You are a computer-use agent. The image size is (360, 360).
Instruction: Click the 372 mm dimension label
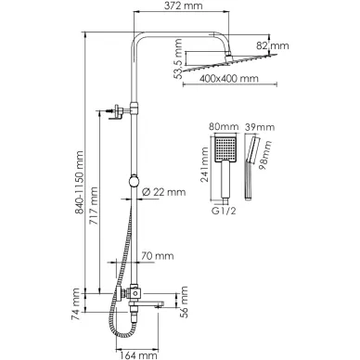(183, 6)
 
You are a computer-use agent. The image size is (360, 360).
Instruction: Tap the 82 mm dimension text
(273, 46)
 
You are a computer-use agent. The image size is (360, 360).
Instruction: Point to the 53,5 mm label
(178, 58)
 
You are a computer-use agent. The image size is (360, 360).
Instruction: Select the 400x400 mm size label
(229, 78)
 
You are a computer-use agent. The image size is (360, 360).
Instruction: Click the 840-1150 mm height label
(80, 182)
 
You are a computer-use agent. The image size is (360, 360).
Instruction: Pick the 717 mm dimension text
(94, 206)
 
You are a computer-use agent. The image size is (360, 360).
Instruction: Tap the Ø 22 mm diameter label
(163, 192)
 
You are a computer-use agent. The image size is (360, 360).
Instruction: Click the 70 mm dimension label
(158, 256)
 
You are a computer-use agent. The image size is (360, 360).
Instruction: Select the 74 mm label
(75, 301)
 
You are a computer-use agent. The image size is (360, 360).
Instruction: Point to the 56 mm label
(184, 302)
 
